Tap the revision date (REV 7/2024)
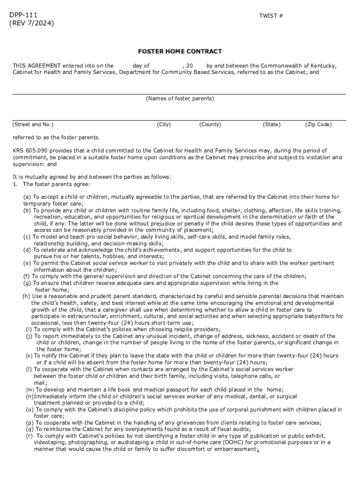point(31,23)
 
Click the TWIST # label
point(271,16)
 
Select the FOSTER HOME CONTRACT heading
point(180,51)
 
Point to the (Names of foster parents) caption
point(180,99)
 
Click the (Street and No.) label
point(33,124)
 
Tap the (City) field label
point(164,124)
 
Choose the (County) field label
point(210,124)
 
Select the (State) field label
point(271,124)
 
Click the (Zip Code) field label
point(318,124)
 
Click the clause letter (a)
point(28,197)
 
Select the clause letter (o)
point(29,410)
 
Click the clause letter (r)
point(29,436)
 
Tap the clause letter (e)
point(28,263)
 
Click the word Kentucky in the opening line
point(324,66)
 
